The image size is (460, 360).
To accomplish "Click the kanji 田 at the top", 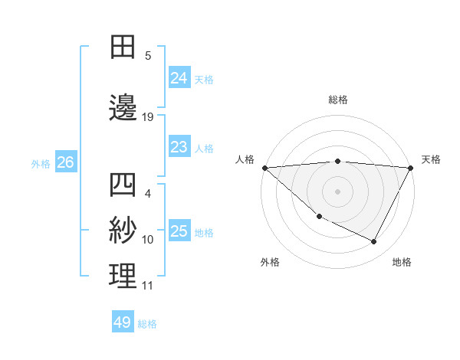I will coord(123,47).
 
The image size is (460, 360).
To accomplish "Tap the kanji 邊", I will coord(123,108).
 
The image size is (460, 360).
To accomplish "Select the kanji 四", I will coord(123,185).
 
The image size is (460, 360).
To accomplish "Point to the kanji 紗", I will coord(123,231).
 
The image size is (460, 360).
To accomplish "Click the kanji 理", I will coord(123,277).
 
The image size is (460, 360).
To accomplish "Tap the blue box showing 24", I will coord(179,77).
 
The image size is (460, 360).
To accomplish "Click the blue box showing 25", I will coord(179,231).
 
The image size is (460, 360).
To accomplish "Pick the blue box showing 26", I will coord(66,162).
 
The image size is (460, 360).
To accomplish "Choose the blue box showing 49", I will coord(123,322).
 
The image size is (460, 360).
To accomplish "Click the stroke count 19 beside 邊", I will coord(148,117).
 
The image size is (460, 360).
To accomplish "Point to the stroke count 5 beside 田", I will coord(148,55).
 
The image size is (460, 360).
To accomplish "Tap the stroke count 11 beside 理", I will coord(148,286).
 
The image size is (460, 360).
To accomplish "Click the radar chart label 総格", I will coord(337,100).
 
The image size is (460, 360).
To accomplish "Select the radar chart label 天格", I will coord(432,159).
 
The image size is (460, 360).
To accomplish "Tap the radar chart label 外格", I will coord(270,262).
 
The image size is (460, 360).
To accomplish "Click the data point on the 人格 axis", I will coord(264,168).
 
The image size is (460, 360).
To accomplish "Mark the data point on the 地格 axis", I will coord(374,241).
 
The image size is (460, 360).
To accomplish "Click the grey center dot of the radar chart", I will coord(337,191).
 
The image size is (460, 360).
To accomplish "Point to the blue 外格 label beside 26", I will coord(41,163).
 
